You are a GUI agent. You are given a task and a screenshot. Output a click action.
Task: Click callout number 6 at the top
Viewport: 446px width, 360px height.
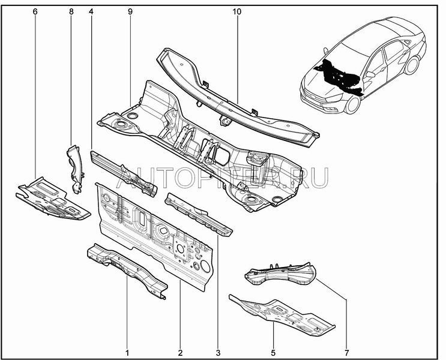pos(35,11)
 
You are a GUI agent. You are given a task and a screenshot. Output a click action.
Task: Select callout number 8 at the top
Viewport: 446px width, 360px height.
pos(71,11)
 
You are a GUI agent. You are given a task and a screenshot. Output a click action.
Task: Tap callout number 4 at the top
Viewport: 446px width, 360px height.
pos(91,11)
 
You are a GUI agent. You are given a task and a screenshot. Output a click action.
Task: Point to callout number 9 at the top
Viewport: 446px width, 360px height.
pos(130,11)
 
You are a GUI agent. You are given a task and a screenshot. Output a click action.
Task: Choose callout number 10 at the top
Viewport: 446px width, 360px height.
pos(237,11)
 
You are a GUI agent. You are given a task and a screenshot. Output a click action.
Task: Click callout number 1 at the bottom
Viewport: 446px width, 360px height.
pos(127,353)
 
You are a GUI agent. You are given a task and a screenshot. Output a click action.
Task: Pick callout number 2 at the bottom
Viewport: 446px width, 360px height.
pos(180,353)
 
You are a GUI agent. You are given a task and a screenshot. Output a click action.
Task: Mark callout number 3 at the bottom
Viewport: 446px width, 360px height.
pos(218,353)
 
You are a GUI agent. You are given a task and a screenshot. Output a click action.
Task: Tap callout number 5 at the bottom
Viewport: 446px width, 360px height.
pos(273,353)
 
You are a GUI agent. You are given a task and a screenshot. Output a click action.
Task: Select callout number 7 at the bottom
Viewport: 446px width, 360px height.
pos(346,353)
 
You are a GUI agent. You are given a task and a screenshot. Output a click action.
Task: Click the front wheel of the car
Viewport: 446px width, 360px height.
pos(353,104)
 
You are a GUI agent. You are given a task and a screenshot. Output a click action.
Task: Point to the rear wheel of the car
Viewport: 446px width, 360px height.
pos(412,65)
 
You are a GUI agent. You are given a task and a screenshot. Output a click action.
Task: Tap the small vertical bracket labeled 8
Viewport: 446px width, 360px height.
pos(75,169)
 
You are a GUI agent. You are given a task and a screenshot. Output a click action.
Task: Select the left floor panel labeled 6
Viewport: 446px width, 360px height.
pos(53,199)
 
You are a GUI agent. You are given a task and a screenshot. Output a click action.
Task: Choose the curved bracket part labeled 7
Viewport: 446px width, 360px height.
pos(280,274)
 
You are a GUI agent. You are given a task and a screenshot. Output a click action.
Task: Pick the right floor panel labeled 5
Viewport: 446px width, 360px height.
pos(282,315)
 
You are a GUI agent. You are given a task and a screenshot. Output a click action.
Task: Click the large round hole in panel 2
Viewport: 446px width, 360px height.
pos(205,266)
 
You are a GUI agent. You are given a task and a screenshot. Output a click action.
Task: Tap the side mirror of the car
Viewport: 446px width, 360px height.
pos(370,74)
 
